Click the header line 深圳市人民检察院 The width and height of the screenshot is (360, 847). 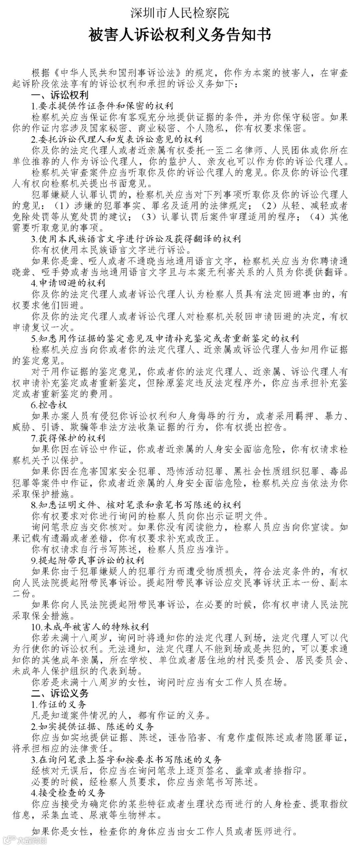[x=180, y=14]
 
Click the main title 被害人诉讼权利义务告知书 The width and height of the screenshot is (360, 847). [x=180, y=35]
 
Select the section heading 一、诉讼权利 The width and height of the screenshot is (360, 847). [x=60, y=95]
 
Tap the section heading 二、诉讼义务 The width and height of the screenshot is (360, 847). [x=60, y=693]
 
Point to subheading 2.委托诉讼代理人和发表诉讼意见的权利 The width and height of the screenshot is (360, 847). [x=117, y=139]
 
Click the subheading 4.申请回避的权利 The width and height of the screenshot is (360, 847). [x=68, y=283]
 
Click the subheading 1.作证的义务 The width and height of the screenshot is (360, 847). [x=59, y=704]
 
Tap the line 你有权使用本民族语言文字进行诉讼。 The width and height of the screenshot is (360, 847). [x=112, y=250]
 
